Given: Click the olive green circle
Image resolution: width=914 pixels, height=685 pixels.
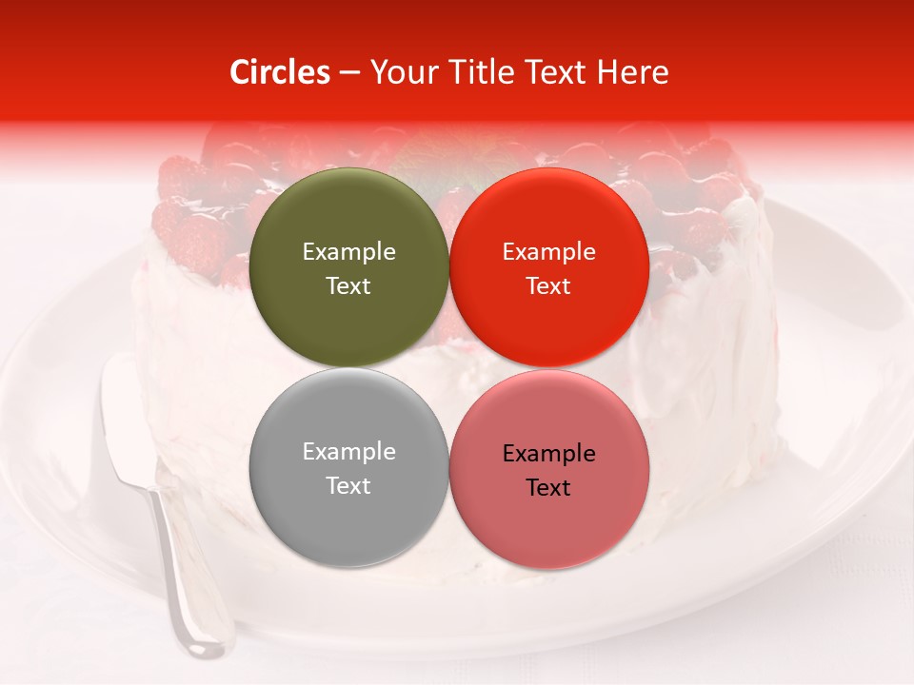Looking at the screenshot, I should [x=348, y=267].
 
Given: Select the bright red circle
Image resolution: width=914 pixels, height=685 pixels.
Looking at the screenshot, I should [x=549, y=267].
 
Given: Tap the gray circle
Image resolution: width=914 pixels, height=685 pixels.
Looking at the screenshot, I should [x=348, y=467].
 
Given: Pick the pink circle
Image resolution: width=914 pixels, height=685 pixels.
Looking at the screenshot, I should [x=549, y=469].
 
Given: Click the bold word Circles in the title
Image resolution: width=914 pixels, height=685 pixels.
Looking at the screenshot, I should [x=280, y=71].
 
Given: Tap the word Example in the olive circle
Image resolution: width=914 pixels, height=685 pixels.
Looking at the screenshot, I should [x=348, y=251].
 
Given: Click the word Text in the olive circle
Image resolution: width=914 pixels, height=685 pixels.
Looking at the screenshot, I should [x=348, y=285].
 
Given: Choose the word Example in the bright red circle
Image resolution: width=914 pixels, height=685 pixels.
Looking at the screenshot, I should [x=549, y=251].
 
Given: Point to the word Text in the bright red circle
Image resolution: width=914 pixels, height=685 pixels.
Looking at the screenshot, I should [x=549, y=285].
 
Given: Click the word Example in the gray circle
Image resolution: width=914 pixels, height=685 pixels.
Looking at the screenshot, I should [x=348, y=451].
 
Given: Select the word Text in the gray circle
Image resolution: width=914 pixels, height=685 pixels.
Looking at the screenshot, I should [x=348, y=485].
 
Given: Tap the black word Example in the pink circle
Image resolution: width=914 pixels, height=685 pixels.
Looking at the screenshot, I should [x=549, y=453].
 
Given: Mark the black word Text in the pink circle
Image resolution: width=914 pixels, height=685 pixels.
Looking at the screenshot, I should [x=549, y=487].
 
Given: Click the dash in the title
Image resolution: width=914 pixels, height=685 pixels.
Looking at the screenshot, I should [x=349, y=73].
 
